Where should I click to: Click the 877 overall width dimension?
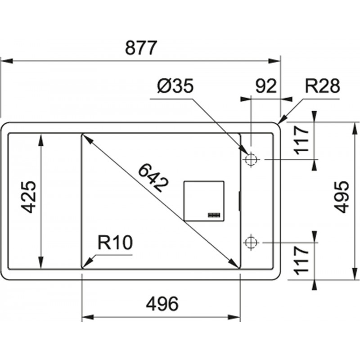(141, 48)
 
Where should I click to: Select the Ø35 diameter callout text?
(175, 86)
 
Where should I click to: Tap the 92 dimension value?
(266, 86)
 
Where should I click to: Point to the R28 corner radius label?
(322, 86)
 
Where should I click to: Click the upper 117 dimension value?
(301, 140)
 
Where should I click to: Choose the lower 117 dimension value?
(301, 260)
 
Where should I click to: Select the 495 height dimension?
(342, 198)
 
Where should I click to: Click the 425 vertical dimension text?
(28, 197)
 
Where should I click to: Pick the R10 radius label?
(115, 243)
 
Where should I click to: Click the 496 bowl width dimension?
(162, 304)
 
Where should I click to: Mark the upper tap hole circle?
(251, 159)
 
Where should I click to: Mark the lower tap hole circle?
(251, 242)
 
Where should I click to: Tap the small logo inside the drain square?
(214, 215)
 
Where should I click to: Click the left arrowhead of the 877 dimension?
(7, 61)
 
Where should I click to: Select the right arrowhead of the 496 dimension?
(234, 318)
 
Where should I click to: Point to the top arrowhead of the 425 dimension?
(41, 140)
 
